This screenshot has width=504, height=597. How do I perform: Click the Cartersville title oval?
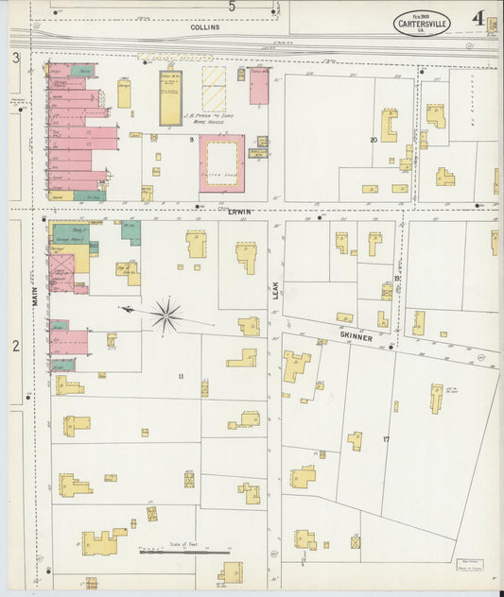(422, 24)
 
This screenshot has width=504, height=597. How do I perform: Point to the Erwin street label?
(239, 212)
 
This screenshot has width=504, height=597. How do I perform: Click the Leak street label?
(276, 296)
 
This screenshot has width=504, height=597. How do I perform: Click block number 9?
(191, 140)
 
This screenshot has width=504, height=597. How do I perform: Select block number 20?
(374, 140)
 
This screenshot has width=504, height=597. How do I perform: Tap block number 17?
(386, 439)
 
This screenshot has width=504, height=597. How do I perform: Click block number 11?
(180, 377)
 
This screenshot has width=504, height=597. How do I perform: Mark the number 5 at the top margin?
(232, 7)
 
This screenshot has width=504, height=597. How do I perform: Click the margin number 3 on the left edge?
(16, 59)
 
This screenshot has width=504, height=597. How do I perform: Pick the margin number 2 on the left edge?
(15, 346)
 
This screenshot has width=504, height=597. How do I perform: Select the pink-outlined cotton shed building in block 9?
(222, 162)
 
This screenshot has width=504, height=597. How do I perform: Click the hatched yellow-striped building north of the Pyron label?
(214, 89)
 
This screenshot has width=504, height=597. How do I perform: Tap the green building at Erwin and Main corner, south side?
(67, 232)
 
